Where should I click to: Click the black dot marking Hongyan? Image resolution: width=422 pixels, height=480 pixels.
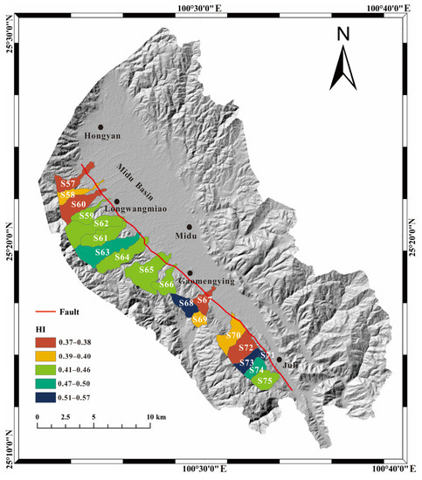click(x=101, y=127)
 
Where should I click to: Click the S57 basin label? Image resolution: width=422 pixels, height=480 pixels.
click(x=67, y=183)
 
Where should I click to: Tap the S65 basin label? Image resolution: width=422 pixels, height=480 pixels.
click(x=146, y=271)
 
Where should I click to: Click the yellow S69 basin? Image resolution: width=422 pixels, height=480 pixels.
click(x=200, y=320)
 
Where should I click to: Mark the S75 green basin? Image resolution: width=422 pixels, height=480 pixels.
click(x=266, y=381)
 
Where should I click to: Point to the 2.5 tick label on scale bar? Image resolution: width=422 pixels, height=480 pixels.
click(x=64, y=418)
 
